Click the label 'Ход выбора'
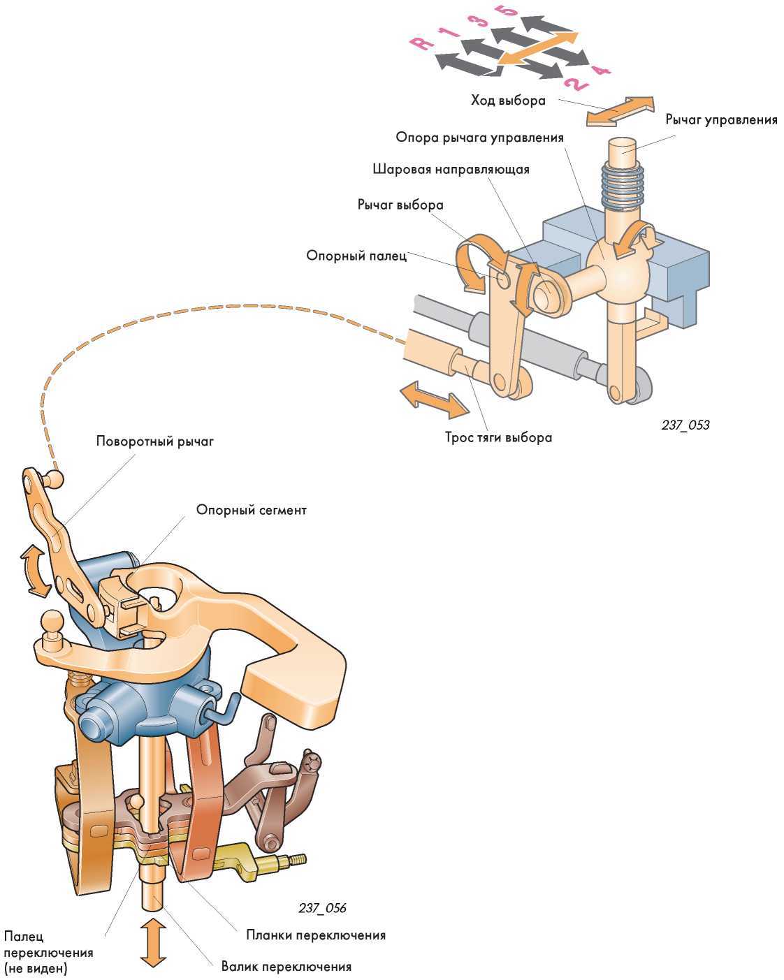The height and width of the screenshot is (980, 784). [507, 101]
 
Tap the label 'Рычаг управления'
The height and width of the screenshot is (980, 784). [721, 120]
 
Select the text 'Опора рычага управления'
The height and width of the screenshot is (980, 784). [479, 137]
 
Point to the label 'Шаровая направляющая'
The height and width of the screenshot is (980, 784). [451, 169]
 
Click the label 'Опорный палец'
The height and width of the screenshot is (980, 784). [356, 256]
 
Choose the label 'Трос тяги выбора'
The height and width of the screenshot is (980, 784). [498, 438]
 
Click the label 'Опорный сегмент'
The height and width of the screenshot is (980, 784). [251, 510]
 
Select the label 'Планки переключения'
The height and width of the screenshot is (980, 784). [316, 935]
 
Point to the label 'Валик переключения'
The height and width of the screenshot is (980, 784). [286, 967]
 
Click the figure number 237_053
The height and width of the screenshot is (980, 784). [685, 425]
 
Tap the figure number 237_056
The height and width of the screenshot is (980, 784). [322, 908]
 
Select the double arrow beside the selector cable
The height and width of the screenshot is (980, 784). [434, 400]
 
